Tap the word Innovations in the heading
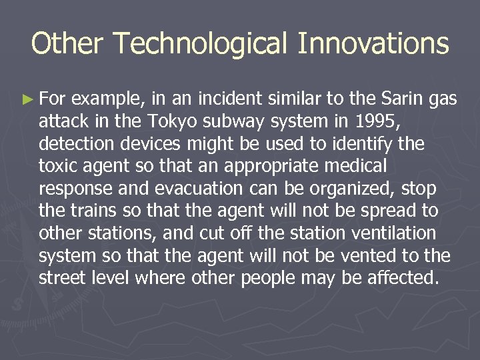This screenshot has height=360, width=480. pos(373,44)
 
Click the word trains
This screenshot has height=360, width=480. pos(93,211)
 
